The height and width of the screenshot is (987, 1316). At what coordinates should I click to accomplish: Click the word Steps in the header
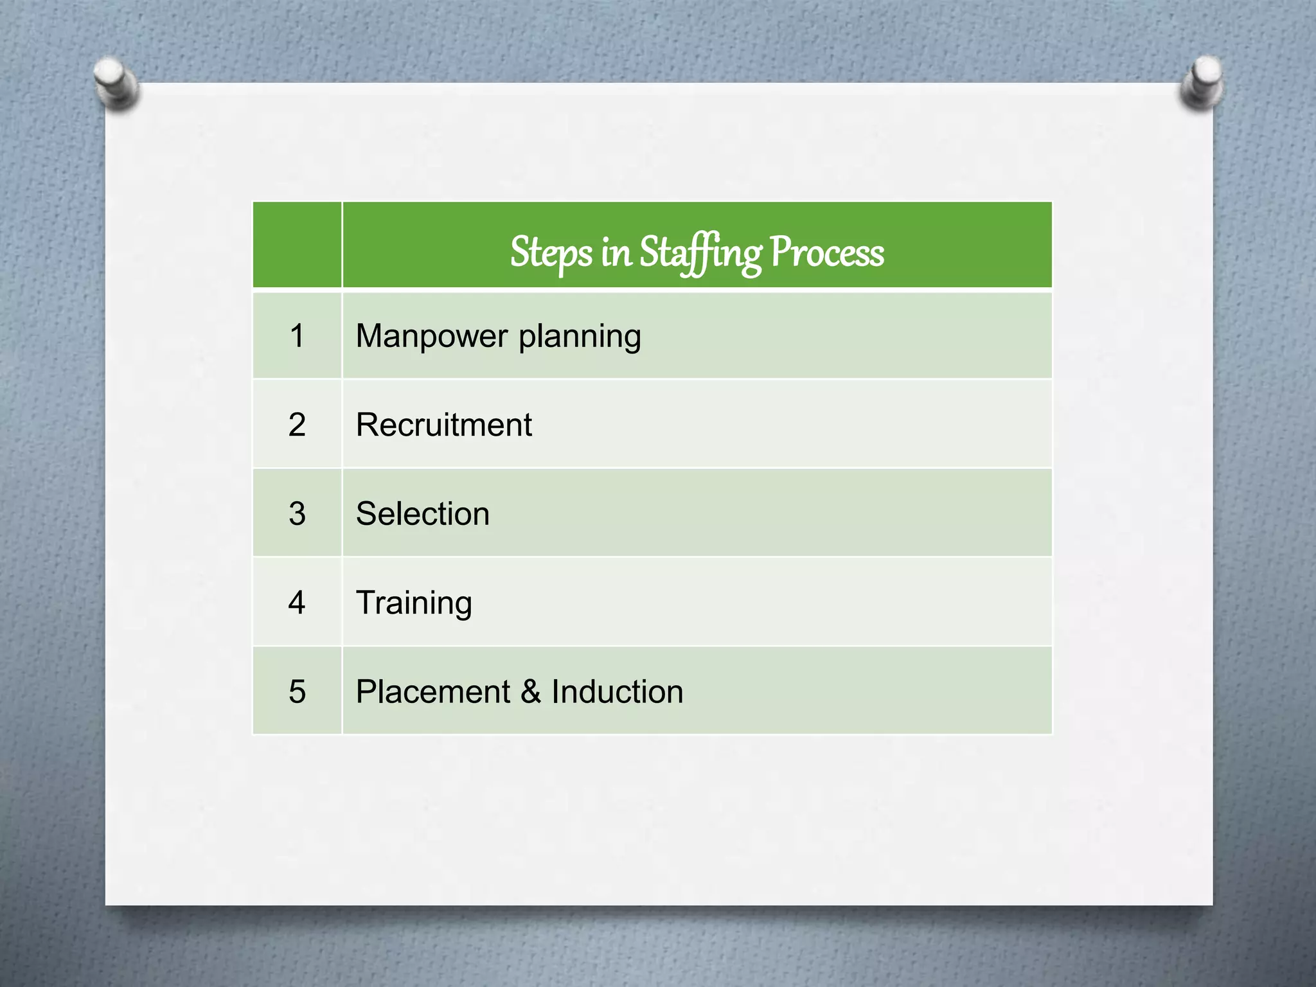(551, 253)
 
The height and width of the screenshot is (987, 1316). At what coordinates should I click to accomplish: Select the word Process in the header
(826, 253)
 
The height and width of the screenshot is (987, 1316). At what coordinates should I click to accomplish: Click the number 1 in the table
(297, 336)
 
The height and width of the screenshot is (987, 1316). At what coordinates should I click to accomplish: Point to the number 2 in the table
(297, 425)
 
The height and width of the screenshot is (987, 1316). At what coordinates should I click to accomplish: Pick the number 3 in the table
(297, 513)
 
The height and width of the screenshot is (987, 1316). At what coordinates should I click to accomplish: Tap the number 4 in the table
(297, 603)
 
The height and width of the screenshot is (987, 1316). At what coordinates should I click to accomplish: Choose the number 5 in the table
(297, 691)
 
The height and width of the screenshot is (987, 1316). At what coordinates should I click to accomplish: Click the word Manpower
(432, 336)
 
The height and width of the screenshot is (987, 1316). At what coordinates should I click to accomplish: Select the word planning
(580, 337)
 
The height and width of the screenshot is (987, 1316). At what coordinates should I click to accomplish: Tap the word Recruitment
(444, 425)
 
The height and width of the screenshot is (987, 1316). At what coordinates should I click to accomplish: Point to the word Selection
(423, 514)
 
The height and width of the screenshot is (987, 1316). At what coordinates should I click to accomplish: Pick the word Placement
(433, 692)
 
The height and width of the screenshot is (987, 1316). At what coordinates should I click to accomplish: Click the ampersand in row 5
(531, 692)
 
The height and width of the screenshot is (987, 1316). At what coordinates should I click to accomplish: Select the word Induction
(617, 692)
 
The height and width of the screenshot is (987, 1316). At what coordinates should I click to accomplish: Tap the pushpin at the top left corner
(116, 83)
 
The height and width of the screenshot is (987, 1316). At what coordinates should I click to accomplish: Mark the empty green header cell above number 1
(297, 245)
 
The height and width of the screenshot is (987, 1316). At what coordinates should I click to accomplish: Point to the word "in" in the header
(616, 253)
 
